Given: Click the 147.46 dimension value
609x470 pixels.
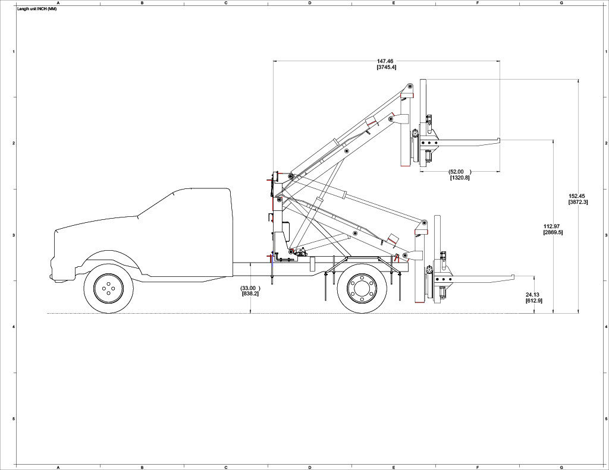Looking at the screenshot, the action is click(x=385, y=61).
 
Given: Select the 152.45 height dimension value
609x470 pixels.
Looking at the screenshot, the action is click(x=577, y=197).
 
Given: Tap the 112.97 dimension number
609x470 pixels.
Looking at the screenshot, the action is click(x=551, y=226).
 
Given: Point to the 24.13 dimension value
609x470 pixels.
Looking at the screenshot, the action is click(x=532, y=295).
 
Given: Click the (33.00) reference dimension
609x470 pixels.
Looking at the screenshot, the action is click(x=250, y=288).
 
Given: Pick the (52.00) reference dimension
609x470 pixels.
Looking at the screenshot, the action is click(x=460, y=172).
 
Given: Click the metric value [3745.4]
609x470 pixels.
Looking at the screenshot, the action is click(x=387, y=67).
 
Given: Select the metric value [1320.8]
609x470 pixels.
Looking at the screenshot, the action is click(x=460, y=178).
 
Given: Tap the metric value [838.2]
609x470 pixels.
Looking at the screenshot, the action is click(x=250, y=294).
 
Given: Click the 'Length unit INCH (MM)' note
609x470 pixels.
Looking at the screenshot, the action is click(x=37, y=9).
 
